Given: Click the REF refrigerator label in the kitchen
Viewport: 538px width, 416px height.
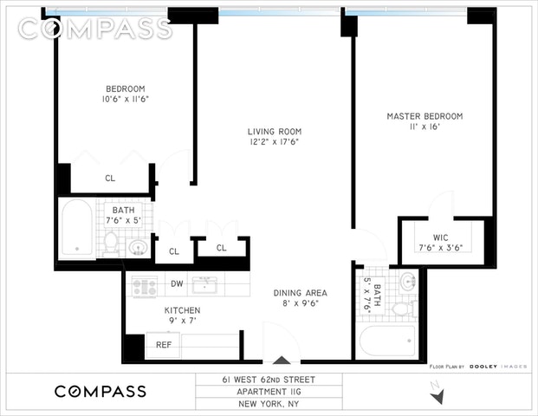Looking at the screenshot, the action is point(164,345).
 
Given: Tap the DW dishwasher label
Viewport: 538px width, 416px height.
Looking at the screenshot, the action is point(177,283).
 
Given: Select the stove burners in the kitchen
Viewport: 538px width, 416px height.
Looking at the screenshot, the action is point(145,287).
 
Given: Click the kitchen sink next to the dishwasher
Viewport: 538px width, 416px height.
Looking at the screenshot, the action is point(204,285).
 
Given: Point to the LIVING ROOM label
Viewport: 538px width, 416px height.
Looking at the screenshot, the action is point(275,132).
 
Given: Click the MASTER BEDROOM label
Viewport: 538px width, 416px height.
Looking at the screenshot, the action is point(425,116).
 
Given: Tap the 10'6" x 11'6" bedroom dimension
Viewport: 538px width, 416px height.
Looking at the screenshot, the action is point(126,99).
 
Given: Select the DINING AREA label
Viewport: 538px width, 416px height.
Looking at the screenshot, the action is point(301,293).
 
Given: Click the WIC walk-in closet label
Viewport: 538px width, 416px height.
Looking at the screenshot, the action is point(441,237).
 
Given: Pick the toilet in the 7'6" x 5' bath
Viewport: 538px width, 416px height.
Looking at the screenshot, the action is point(111,243).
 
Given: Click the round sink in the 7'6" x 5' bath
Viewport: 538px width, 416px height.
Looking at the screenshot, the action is point(138,247).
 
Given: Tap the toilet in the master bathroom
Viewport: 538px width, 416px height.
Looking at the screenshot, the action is point(404,309).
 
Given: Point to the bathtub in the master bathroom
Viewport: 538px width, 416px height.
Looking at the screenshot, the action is point(386,341).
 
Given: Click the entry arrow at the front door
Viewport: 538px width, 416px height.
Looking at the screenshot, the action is point(282,360).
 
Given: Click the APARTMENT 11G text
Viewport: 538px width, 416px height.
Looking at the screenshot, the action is point(269,392).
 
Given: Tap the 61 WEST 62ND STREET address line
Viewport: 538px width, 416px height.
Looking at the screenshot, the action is point(269,380).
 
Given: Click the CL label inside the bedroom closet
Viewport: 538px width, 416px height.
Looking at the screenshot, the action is point(110,179).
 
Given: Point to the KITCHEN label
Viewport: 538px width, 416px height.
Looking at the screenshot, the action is point(182,310).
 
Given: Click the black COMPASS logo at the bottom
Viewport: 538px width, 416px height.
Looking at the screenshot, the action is point(100,392).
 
